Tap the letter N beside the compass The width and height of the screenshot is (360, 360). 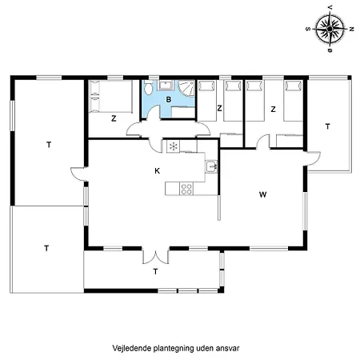pyautogui.click(x=350, y=27)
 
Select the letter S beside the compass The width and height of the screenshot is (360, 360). pyautogui.click(x=309, y=27)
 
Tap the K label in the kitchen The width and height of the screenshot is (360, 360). pyautogui.click(x=157, y=170)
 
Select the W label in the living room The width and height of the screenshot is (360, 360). pyautogui.click(x=262, y=194)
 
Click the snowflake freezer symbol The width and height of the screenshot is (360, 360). pyautogui.click(x=171, y=147)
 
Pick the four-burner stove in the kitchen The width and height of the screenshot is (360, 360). pyautogui.click(x=186, y=189)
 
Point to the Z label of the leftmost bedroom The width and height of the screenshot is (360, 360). pyautogui.click(x=114, y=118)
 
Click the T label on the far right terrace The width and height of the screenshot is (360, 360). pyautogui.click(x=327, y=126)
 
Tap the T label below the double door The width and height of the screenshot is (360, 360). pyautogui.click(x=154, y=273)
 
